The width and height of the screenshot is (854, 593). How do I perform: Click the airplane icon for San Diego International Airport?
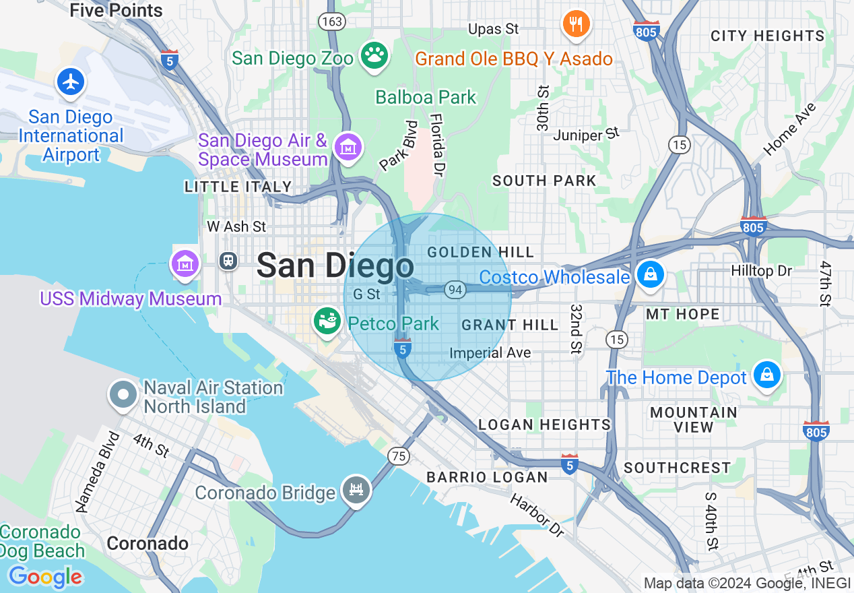[71, 82]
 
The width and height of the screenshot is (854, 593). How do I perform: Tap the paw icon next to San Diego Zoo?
[372, 55]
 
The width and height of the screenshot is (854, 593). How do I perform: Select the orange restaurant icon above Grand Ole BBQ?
[576, 25]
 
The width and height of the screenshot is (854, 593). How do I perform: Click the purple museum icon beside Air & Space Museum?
[348, 147]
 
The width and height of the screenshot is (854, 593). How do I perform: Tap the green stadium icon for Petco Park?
[328, 321]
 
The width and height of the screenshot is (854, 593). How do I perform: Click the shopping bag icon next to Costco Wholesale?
[651, 275]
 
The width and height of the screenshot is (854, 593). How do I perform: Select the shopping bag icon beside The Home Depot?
[766, 375]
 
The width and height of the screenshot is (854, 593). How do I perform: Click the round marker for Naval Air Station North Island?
[123, 396]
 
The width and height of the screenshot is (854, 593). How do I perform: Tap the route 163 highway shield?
[333, 22]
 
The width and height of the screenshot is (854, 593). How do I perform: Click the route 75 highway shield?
[399, 456]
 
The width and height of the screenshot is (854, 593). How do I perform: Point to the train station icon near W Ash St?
[229, 261]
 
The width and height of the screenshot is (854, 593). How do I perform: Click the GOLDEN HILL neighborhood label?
[481, 252]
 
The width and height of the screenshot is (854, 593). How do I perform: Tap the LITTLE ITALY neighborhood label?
[238, 187]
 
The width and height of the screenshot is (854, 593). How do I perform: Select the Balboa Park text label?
[426, 97]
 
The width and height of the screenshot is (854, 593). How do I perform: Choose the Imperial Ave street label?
[490, 352]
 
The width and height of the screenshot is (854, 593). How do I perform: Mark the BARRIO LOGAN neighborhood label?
[487, 477]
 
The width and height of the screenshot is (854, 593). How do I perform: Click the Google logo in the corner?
[45, 577]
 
